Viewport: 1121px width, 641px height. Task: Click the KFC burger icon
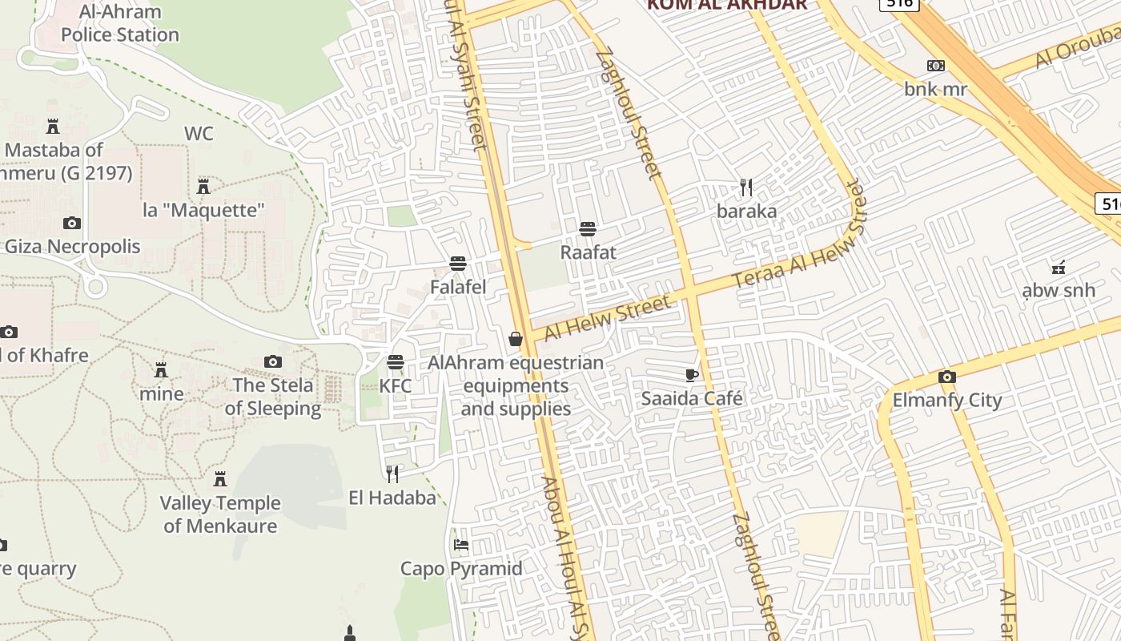396,362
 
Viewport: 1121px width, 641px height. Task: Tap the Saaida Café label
692,398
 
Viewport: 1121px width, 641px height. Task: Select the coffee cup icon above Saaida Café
692,375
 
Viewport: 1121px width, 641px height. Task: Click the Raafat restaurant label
588,252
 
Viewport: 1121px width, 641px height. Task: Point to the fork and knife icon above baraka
746,187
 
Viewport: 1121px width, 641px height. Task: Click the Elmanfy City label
947,400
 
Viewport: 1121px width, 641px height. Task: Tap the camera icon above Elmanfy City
947,377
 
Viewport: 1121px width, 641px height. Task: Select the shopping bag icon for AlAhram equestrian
516,339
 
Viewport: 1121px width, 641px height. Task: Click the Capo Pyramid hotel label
461,569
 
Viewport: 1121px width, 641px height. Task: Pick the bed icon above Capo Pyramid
461,545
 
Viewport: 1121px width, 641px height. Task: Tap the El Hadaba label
392,498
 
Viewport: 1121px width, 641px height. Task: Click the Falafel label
458,286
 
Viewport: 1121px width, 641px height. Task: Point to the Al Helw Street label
607,317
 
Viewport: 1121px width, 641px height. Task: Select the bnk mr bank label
935,89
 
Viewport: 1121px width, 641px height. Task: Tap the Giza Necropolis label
72,247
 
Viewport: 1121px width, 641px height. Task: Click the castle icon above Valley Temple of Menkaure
220,479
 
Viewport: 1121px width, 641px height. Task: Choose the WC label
199,133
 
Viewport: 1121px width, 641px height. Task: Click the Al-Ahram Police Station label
120,23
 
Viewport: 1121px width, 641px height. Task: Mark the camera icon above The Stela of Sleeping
273,362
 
